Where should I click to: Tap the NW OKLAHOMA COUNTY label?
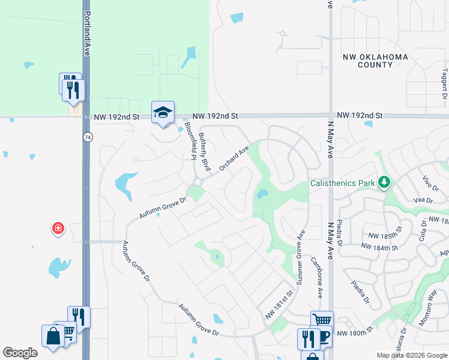point(375,61)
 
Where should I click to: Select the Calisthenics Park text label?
point(342,183)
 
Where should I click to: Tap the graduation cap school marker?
point(163,112)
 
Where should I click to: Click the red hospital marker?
point(58,228)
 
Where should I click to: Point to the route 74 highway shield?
point(88,137)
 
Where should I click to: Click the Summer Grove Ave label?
point(300,251)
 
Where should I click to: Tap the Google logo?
point(20,353)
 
